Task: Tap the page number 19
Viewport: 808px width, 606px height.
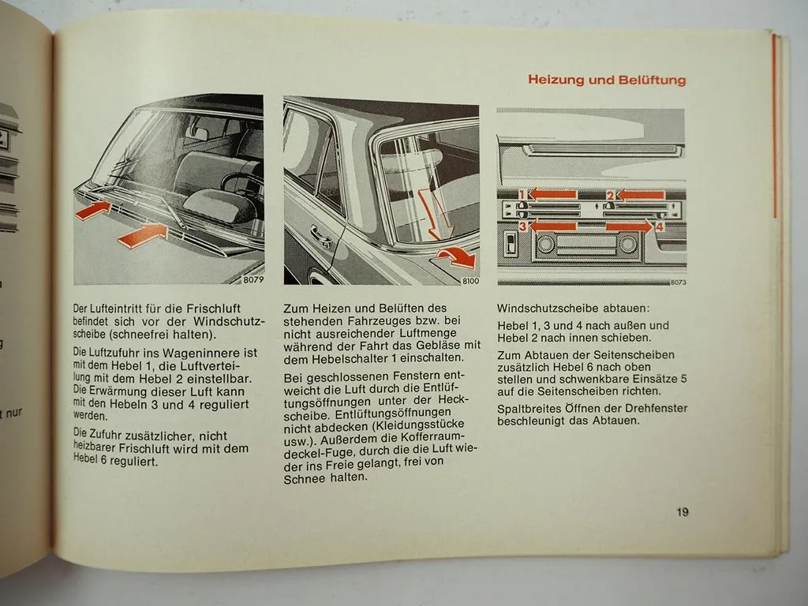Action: click(x=682, y=511)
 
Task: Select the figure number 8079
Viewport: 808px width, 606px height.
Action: click(x=252, y=279)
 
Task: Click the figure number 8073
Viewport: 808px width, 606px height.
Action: click(x=677, y=282)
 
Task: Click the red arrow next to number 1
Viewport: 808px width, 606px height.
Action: click(x=552, y=194)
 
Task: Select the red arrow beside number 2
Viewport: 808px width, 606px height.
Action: click(x=641, y=194)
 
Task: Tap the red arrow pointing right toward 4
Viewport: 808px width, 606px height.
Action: click(x=629, y=226)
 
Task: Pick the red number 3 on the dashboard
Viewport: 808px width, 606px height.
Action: click(x=522, y=226)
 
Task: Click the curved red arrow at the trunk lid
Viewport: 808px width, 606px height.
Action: click(x=457, y=256)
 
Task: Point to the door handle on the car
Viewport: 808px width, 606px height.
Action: click(x=321, y=234)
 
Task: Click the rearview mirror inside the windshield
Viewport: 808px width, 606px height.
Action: click(x=197, y=134)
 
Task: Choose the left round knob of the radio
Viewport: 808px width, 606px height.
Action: click(x=545, y=245)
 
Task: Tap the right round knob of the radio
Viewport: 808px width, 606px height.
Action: click(x=627, y=245)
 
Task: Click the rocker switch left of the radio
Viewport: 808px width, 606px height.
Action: click(x=511, y=244)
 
